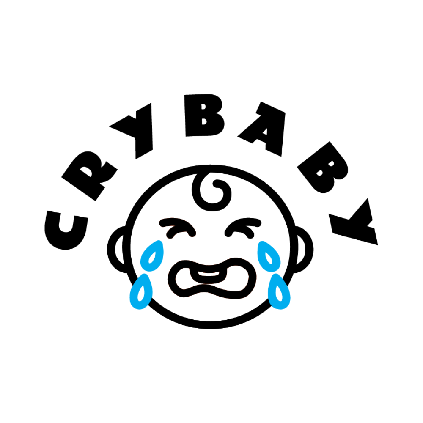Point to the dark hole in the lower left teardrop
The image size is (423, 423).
click(141, 293)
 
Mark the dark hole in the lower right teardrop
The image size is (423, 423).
click(279, 293)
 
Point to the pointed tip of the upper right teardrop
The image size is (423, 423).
click(261, 243)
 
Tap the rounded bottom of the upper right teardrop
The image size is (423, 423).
click(271, 268)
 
